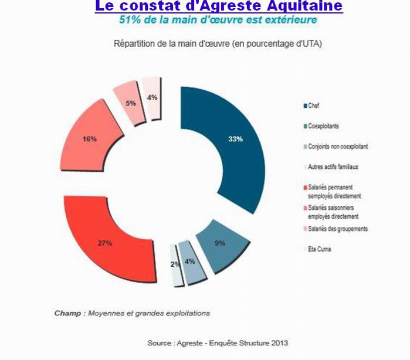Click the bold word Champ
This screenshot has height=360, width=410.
[x=67, y=313]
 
